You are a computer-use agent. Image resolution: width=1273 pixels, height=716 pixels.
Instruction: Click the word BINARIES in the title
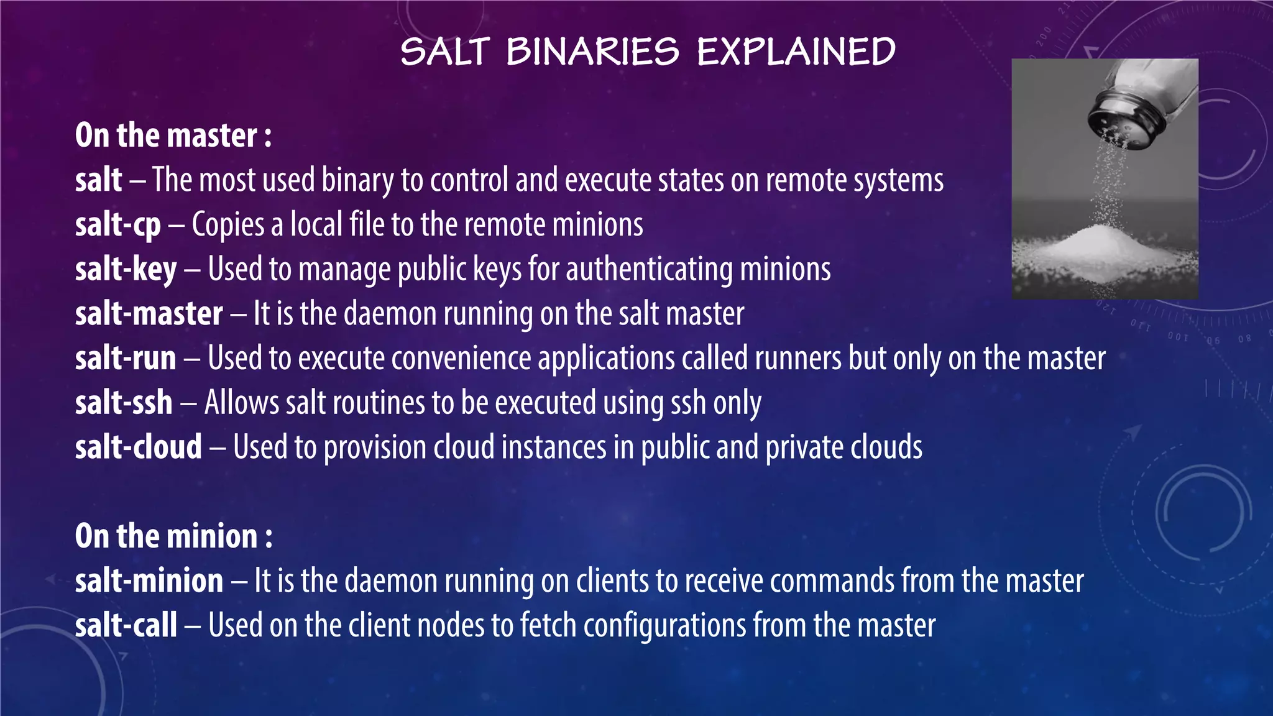(592, 52)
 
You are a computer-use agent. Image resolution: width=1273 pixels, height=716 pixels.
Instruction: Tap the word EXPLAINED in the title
(796, 52)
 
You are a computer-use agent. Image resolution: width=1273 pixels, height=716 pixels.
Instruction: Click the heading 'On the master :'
(173, 135)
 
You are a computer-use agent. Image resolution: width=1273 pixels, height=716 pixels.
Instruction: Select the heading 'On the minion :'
(173, 536)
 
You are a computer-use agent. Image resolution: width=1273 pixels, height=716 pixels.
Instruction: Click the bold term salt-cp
(118, 225)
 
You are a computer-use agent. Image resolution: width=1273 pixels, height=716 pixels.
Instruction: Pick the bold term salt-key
(126, 270)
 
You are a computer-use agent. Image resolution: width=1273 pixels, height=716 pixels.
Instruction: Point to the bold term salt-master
(149, 314)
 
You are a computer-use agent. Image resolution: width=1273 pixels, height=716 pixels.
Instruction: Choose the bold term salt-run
(126, 359)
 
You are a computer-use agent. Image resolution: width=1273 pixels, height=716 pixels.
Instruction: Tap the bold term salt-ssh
(124, 403)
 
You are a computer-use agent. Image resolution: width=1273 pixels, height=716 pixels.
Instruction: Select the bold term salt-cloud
(139, 447)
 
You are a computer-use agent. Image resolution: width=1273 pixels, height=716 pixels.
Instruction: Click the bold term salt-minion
(149, 581)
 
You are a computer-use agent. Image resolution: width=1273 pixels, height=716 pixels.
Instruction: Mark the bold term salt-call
(126, 625)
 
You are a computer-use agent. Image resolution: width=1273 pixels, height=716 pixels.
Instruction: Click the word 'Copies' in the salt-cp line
(228, 225)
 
